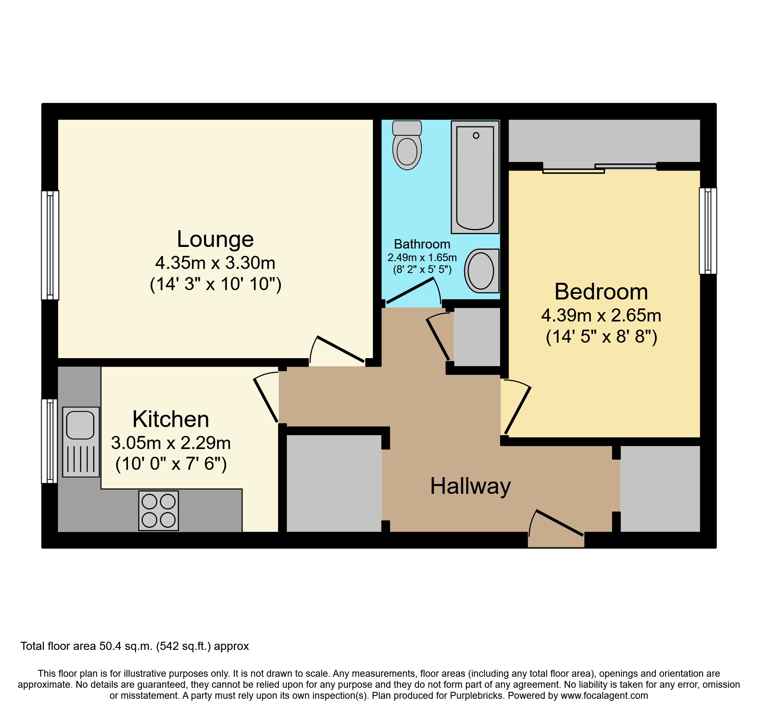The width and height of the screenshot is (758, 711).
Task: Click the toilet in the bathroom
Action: click(x=407, y=146)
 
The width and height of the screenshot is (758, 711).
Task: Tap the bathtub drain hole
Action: click(x=476, y=136)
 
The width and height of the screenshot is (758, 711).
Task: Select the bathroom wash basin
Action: click(x=481, y=271)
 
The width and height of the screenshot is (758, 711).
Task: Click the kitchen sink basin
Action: click(x=81, y=425)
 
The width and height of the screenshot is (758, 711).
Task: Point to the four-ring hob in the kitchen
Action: click(x=159, y=511)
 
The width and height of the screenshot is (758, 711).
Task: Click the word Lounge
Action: click(x=215, y=239)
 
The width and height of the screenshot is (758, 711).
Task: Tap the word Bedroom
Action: click(x=601, y=292)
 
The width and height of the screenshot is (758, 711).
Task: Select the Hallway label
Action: click(x=470, y=486)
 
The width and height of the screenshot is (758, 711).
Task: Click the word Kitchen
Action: click(x=171, y=419)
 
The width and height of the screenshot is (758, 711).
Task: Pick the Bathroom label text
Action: click(x=422, y=244)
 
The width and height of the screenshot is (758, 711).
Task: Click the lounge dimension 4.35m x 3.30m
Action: click(x=215, y=263)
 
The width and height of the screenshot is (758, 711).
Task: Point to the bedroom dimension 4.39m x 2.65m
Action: click(x=601, y=316)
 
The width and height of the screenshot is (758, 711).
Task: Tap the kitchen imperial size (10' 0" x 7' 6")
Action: click(x=171, y=464)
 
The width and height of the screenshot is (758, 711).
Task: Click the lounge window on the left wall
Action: click(x=50, y=245)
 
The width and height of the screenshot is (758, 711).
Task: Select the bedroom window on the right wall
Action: click(x=708, y=231)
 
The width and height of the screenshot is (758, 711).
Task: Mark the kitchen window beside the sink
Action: click(x=50, y=441)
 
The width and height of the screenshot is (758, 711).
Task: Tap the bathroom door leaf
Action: click(x=410, y=291)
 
